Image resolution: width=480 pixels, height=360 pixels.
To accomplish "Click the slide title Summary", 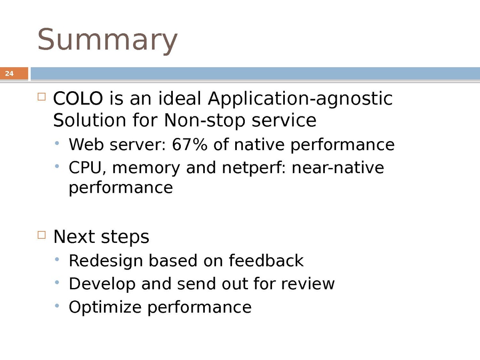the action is (x=107, y=41).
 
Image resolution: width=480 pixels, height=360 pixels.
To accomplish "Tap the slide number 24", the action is (x=9, y=74).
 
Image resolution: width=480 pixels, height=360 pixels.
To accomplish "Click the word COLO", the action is (x=78, y=98).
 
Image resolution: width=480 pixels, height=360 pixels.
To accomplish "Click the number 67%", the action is (x=189, y=144).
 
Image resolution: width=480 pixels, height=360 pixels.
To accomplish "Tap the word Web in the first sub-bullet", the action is (x=86, y=144).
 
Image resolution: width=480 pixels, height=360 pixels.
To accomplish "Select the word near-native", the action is (x=338, y=168).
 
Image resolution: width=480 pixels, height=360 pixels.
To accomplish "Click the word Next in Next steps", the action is (x=74, y=237).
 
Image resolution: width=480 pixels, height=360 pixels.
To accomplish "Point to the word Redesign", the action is (x=106, y=261).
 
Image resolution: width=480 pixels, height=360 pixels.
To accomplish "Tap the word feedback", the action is (x=266, y=260).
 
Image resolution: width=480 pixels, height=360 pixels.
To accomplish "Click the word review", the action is (x=308, y=284).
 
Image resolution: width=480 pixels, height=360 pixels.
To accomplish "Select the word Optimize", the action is (x=105, y=308).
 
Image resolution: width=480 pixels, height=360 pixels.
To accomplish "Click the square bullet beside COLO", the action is (x=42, y=97).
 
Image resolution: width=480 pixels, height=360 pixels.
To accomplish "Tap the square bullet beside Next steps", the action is (x=42, y=235).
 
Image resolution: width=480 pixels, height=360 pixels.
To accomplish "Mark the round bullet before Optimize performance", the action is (x=57, y=306).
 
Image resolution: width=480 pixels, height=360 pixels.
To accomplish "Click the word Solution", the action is (x=90, y=120).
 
